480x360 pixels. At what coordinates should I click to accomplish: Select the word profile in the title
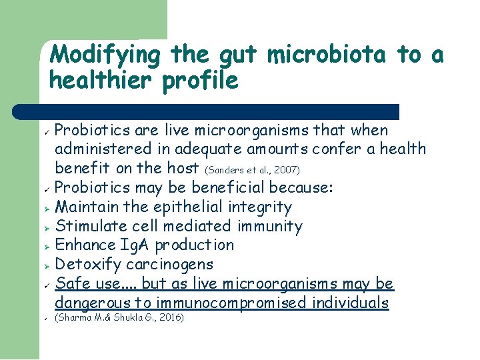click(x=207, y=81)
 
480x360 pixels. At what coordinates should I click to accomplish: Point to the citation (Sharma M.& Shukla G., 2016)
click(x=119, y=317)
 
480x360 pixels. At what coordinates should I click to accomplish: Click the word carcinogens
click(x=174, y=265)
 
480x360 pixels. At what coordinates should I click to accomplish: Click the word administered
click(x=104, y=149)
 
